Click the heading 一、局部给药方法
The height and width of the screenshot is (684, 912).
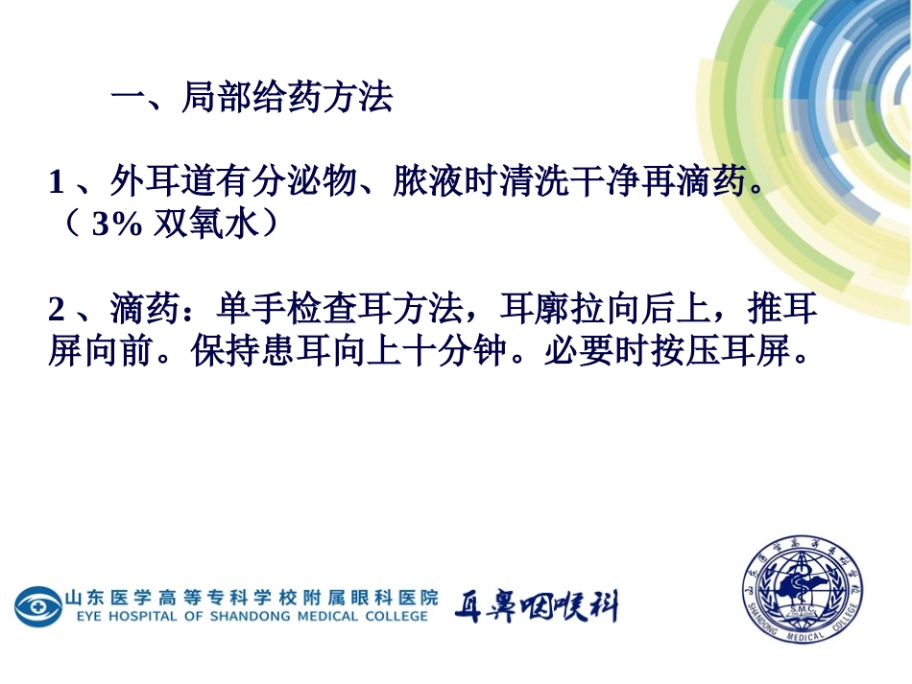pyautogui.click(x=252, y=98)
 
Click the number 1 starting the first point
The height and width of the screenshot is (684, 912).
pyautogui.click(x=56, y=181)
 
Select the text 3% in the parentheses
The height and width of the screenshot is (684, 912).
pyautogui.click(x=118, y=224)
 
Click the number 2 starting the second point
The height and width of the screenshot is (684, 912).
pyautogui.click(x=56, y=310)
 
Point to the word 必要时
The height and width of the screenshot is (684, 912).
pyautogui.click(x=595, y=352)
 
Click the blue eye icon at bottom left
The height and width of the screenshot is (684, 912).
pyautogui.click(x=37, y=606)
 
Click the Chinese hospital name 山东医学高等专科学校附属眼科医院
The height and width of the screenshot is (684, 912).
pyautogui.click(x=252, y=597)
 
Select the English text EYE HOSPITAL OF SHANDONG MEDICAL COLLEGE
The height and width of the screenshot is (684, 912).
pyautogui.click(x=252, y=616)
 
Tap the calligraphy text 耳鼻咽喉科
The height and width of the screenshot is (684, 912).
pyautogui.click(x=536, y=606)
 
